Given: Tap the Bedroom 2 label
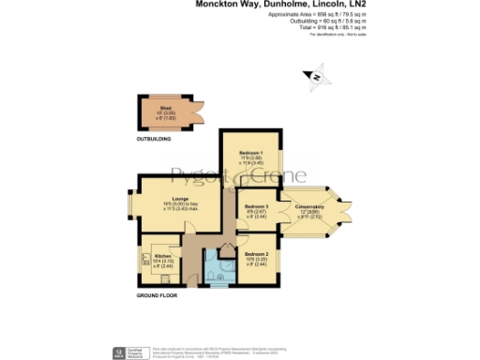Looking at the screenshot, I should click(x=257, y=254).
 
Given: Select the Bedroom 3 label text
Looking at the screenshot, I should click(x=256, y=206).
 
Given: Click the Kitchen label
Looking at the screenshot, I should click(x=163, y=256).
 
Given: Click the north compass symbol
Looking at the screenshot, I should click(x=316, y=77).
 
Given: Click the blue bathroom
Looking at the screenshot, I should click(x=217, y=272).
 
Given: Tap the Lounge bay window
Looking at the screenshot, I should click(x=132, y=204).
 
